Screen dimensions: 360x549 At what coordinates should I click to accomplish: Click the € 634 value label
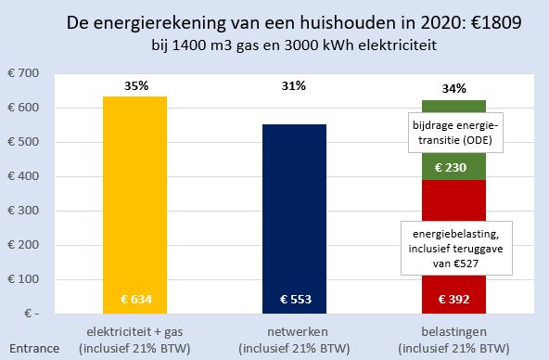[x=135, y=300]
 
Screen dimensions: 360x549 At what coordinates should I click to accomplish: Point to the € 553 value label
[x=296, y=300]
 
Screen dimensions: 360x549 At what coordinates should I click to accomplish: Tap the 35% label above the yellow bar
[x=135, y=85]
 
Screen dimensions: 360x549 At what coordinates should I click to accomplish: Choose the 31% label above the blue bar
[x=296, y=85]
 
